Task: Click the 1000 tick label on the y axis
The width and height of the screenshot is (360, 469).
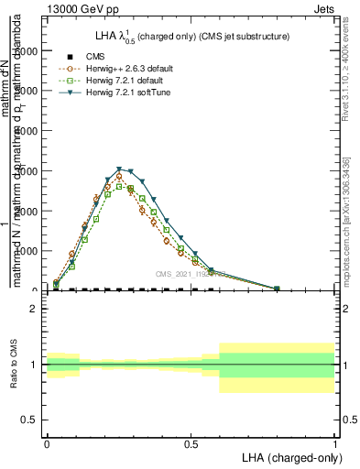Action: tap(27, 251)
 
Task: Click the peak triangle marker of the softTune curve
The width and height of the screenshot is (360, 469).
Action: tap(120, 169)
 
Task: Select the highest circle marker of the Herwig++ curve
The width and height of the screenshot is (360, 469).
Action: tap(119, 177)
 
